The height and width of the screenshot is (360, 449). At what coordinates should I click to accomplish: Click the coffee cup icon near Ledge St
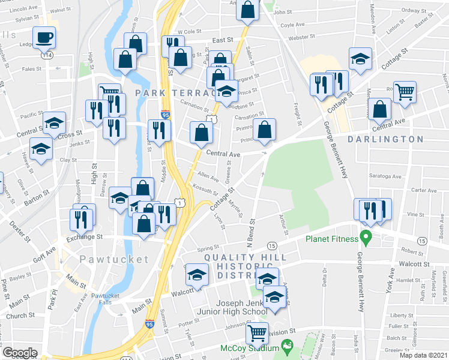click(x=44, y=38)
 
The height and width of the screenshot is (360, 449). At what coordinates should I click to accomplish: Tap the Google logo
click(x=20, y=353)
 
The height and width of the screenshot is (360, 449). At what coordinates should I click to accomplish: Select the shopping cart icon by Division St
click(x=257, y=332)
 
